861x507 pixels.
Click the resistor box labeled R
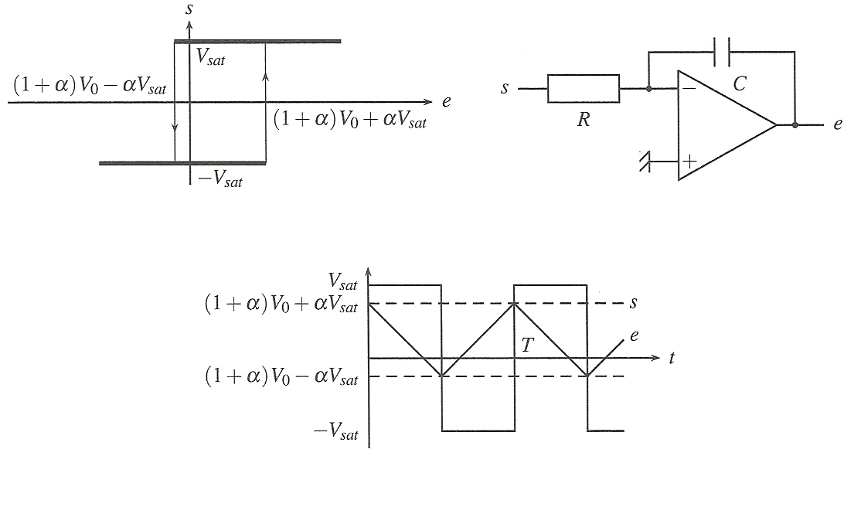pyautogui.click(x=584, y=88)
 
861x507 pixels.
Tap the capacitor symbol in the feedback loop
pyautogui.click(x=722, y=52)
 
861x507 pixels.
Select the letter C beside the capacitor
pyautogui.click(x=740, y=83)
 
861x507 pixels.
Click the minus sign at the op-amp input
pyautogui.click(x=689, y=88)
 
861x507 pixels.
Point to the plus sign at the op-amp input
pyautogui.click(x=689, y=162)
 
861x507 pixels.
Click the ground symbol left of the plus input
pyautogui.click(x=645, y=162)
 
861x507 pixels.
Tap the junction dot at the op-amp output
pyautogui.click(x=795, y=125)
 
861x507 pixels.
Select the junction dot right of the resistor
pyautogui.click(x=648, y=88)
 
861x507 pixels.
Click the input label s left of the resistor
pyautogui.click(x=505, y=88)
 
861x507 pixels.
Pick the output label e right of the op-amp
pyautogui.click(x=837, y=124)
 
